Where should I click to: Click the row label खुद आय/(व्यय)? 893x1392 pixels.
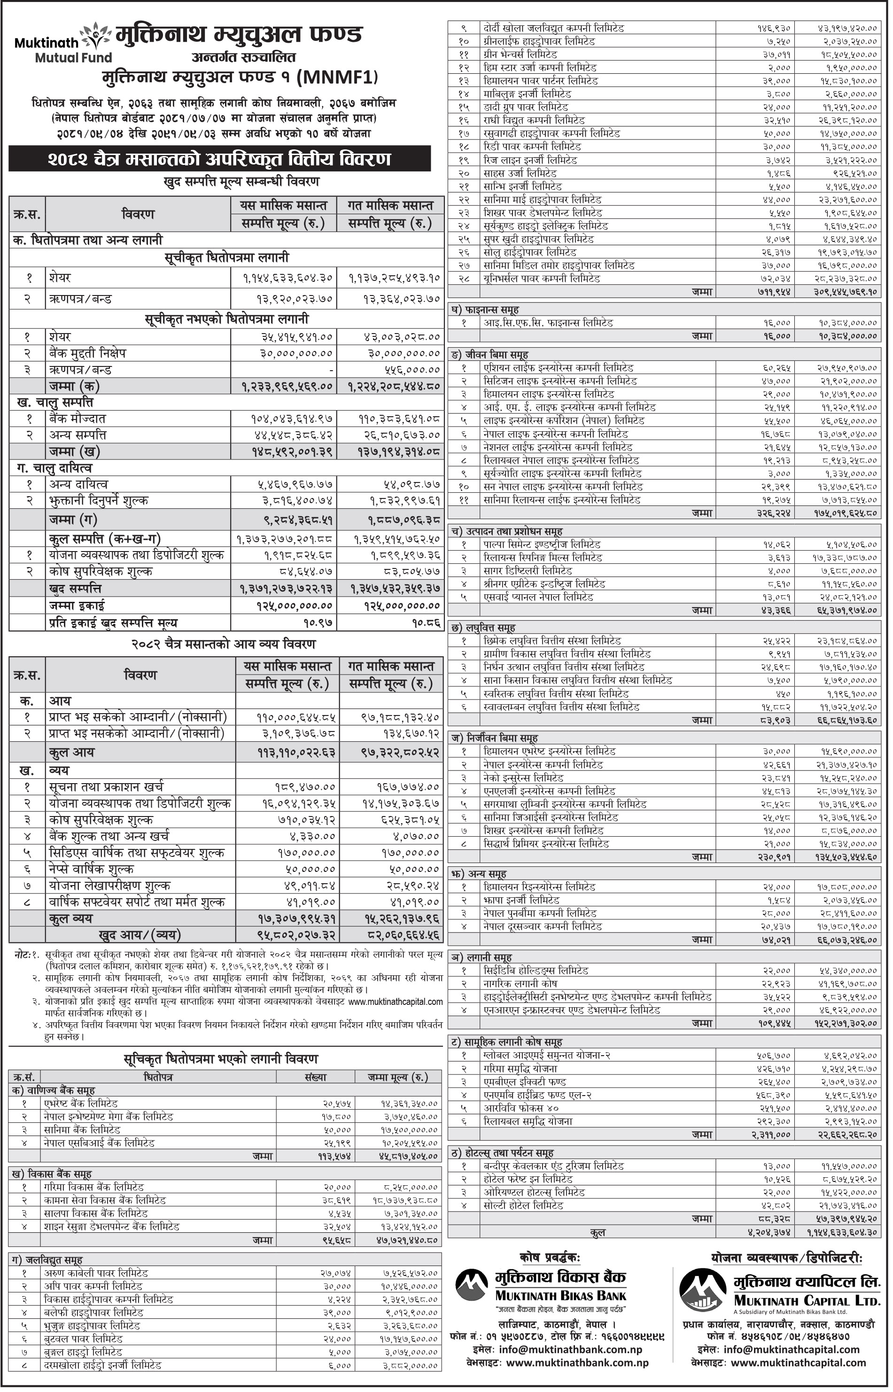click(x=139, y=934)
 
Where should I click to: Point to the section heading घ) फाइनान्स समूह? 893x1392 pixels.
click(x=485, y=310)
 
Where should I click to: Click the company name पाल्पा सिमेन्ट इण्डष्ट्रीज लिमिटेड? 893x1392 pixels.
click(x=542, y=544)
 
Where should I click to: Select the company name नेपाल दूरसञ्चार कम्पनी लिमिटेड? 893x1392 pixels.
click(x=542, y=926)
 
